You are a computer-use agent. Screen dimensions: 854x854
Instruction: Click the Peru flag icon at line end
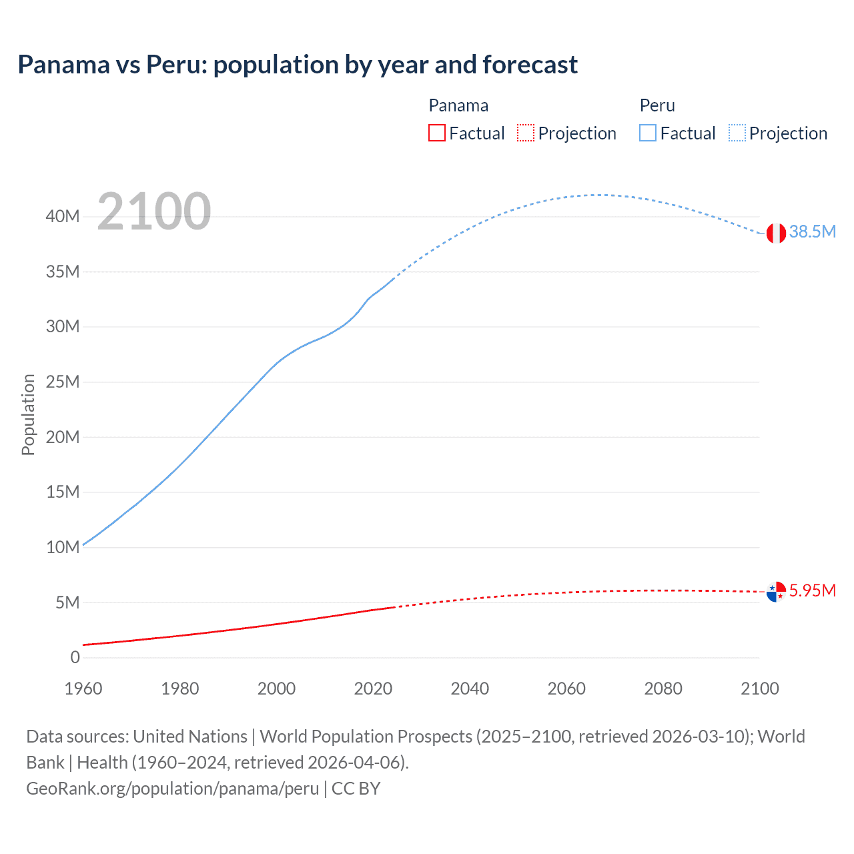pos(775,233)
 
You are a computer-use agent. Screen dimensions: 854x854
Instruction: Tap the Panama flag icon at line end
pos(775,591)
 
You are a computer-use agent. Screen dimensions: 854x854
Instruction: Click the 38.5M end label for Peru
pos(812,232)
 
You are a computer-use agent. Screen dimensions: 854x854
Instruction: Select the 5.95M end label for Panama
pos(812,590)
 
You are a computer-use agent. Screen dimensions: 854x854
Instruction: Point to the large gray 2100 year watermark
pos(154,211)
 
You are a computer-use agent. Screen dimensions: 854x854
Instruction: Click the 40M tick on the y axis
pos(63,216)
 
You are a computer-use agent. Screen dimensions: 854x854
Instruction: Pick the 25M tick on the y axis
pos(63,382)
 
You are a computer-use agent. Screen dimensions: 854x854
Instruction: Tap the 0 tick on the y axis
pos(75,657)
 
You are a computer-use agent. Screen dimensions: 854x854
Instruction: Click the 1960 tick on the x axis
pos(83,689)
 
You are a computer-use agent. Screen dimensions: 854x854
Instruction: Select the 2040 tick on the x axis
pos(470,689)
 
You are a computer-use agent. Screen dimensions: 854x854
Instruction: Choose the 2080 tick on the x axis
pos(663,689)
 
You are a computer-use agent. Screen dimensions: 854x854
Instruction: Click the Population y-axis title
pos(28,414)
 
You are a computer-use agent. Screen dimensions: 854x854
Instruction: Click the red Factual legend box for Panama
pos(436,133)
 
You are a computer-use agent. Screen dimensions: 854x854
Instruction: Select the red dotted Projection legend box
pos(526,133)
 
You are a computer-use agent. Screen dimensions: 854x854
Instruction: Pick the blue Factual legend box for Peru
pos(648,133)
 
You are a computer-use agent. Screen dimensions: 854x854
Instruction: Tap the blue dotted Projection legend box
pos(737,133)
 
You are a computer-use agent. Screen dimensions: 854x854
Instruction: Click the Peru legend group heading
pos(657,105)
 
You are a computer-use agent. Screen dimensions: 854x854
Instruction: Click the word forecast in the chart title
pos(530,65)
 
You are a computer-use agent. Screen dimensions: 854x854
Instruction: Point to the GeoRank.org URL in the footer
pos(172,788)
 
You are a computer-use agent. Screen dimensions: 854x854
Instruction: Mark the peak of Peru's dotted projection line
pos(600,195)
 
